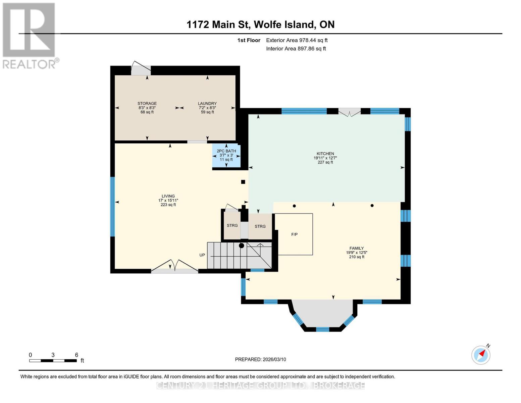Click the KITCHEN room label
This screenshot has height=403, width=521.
[325, 153]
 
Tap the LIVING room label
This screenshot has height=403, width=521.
[168, 196]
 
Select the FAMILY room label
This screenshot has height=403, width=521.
[357, 248]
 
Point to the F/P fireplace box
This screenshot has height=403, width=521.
[294, 234]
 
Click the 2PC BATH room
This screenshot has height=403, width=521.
[226, 155]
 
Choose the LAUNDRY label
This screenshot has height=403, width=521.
[207, 103]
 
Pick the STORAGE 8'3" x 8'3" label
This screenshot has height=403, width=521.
[147, 108]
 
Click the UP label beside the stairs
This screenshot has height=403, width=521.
[202, 255]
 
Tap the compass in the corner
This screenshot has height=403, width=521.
[481, 355]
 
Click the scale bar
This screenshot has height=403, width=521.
[53, 360]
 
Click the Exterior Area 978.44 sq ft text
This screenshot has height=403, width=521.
[297, 40]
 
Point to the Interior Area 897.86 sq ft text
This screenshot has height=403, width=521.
[296, 49]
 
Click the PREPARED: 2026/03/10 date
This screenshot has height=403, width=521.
[260, 359]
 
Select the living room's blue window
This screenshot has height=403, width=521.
[112, 207]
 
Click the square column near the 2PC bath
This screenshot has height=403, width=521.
[243, 182]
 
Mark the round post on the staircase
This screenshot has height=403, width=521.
[242, 245]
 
